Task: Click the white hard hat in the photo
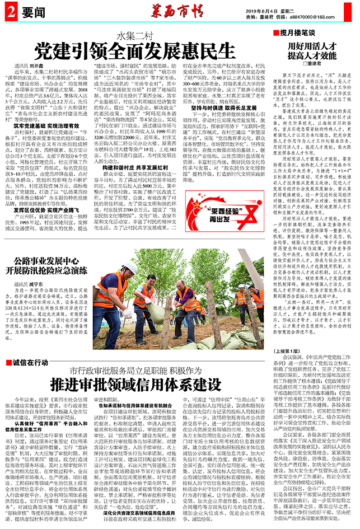click(130, 268)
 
